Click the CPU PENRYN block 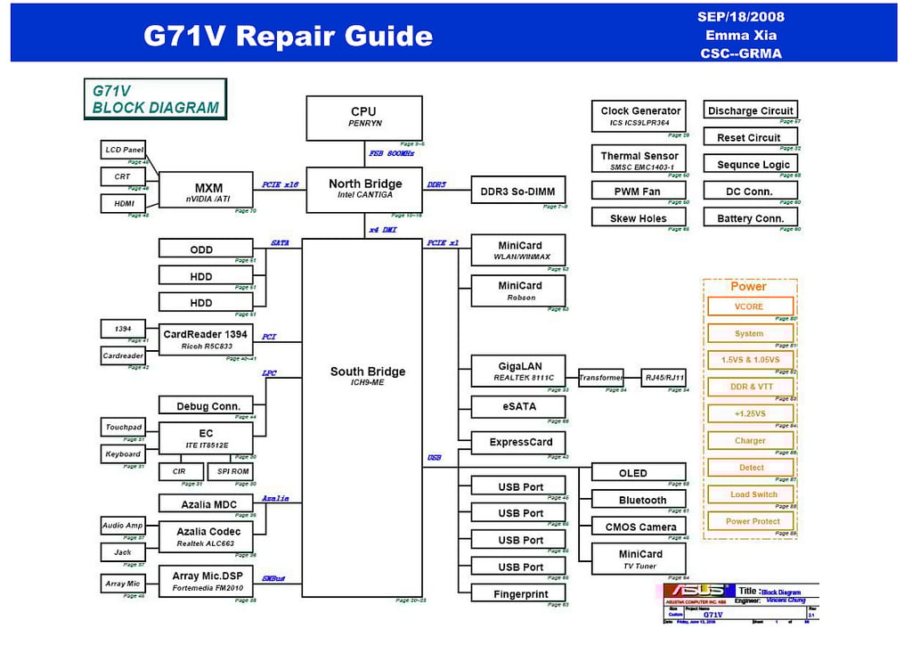click(364, 118)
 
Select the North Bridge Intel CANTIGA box click(364, 189)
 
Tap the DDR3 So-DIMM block click(517, 191)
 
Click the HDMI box click(123, 204)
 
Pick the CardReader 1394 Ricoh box click(205, 339)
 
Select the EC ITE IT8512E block click(205, 438)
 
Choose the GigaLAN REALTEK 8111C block click(518, 371)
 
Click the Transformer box click(601, 378)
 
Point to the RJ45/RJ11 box click(664, 378)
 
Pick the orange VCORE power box click(749, 306)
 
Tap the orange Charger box click(749, 440)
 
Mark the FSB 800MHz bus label click(392, 154)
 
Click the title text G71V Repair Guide click(288, 37)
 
